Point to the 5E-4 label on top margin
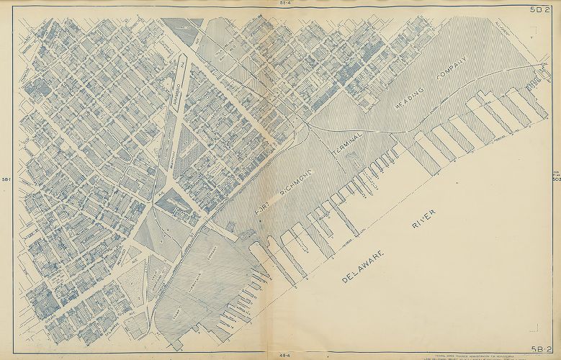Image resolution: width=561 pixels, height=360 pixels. point(283,4)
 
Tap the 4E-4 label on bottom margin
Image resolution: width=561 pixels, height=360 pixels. point(283,356)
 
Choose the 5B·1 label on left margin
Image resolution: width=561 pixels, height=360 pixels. point(6,179)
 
